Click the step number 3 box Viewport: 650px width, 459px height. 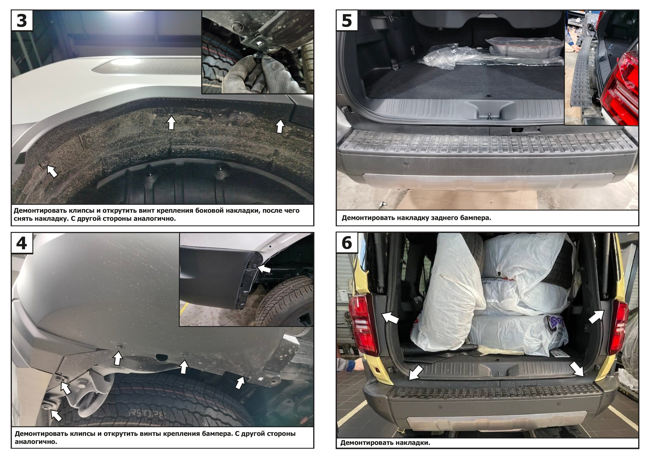pos(22,20)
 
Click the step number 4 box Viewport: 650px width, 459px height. pos(22,243)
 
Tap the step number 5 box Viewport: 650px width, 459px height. pos(347,20)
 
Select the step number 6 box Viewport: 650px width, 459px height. pos(347,243)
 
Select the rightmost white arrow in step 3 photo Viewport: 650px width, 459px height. pos(280,126)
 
